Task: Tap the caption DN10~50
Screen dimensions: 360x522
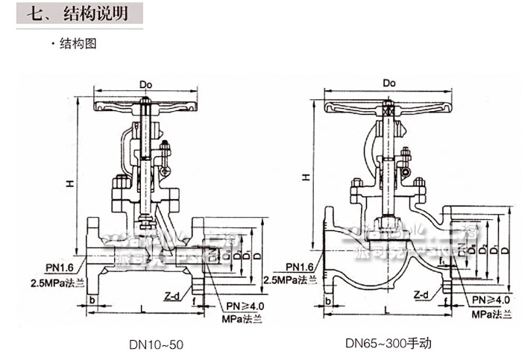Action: pos(156,345)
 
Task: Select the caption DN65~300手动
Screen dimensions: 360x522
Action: pos(388,344)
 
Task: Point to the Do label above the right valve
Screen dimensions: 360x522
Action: pos(388,83)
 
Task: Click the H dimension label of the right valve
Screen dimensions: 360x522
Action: pos(306,177)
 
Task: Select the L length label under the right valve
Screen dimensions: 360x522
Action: pos(386,308)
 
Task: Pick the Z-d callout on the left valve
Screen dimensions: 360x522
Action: pos(172,294)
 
